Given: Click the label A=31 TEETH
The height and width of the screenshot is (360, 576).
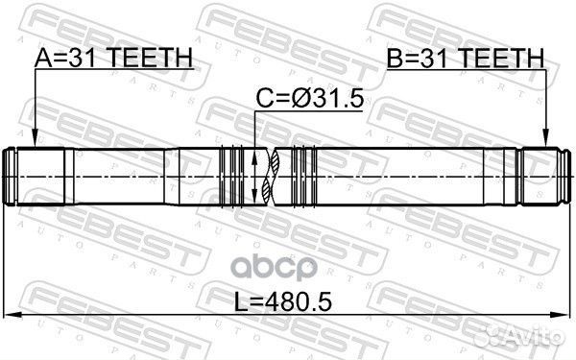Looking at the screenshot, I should pyautogui.click(x=113, y=60).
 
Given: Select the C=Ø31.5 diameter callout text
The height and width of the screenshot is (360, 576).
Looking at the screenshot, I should pyautogui.click(x=308, y=99).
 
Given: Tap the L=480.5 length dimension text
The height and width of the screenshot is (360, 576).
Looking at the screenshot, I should pyautogui.click(x=285, y=302).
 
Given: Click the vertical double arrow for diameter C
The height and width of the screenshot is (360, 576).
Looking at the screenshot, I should pyautogui.click(x=254, y=178).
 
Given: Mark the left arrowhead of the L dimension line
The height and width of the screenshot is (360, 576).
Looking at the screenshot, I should pyautogui.click(x=11, y=316).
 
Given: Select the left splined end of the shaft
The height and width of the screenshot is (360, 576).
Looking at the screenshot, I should pyautogui.click(x=38, y=177).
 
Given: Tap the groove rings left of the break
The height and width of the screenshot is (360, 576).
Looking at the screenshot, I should pyautogui.click(x=233, y=178).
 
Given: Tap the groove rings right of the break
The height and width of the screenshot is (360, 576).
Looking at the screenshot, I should pyautogui.click(x=302, y=178).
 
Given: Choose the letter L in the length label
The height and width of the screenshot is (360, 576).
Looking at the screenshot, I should pyautogui.click(x=241, y=302).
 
